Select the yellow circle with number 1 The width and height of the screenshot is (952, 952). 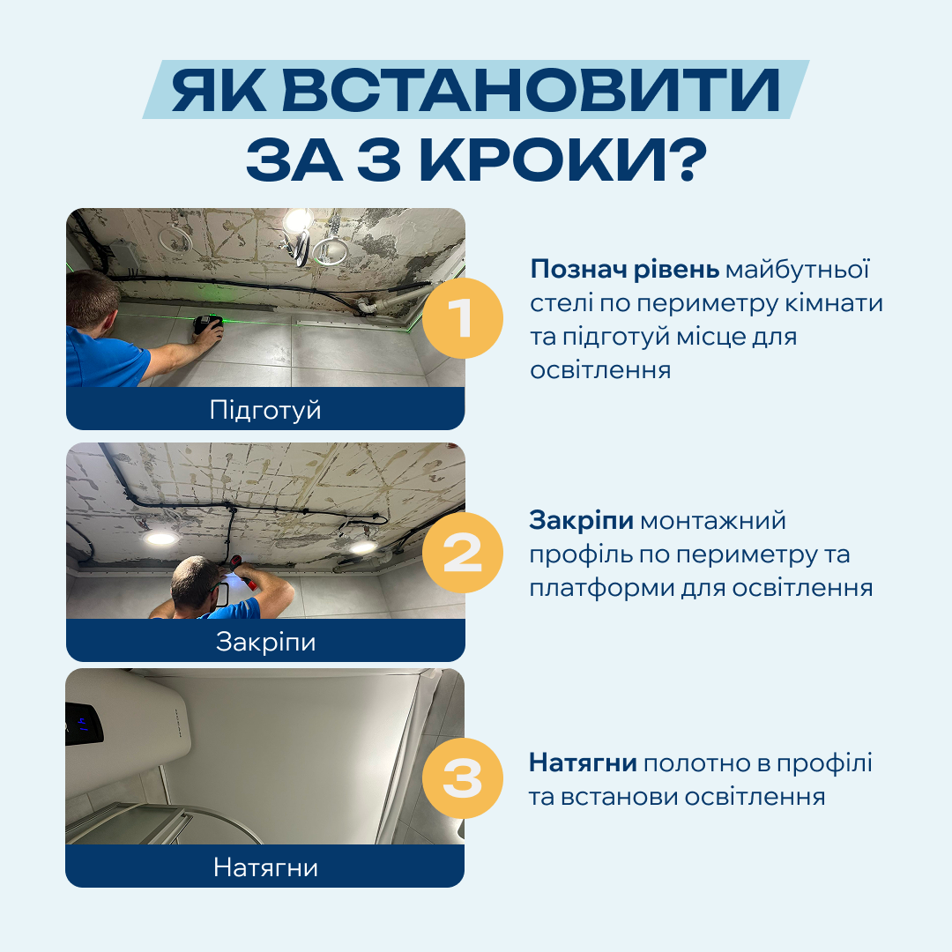[462, 318]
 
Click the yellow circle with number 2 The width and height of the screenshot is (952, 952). [462, 553]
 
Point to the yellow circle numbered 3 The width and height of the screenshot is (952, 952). [462, 778]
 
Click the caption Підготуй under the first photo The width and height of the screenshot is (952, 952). [265, 410]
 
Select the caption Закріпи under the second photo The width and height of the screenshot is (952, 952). [265, 642]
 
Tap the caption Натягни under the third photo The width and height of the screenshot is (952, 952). [265, 867]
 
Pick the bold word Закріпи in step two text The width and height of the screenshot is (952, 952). [581, 521]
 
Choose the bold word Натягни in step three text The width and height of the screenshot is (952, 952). [584, 762]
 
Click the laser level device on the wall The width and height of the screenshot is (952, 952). [208, 326]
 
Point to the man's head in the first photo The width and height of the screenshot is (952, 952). [93, 300]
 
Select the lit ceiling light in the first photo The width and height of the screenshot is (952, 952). [298, 219]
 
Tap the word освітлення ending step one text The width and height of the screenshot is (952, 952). [599, 369]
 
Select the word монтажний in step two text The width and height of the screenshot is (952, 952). [712, 521]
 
